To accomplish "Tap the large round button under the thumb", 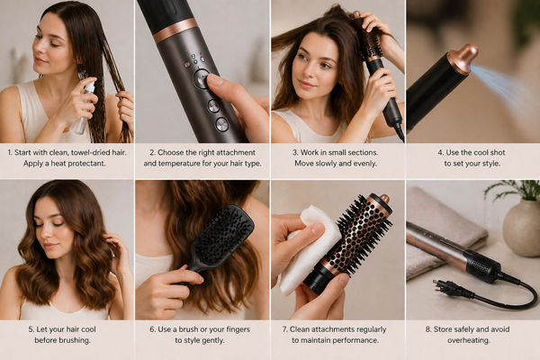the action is (202, 79).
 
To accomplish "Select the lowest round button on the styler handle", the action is (221, 124).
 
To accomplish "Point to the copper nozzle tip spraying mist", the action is (463, 58).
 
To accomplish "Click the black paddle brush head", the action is (223, 238).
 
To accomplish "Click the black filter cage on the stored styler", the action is (482, 266).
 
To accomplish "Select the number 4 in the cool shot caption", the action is (440, 152).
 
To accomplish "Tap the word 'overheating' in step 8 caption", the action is (468, 340).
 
